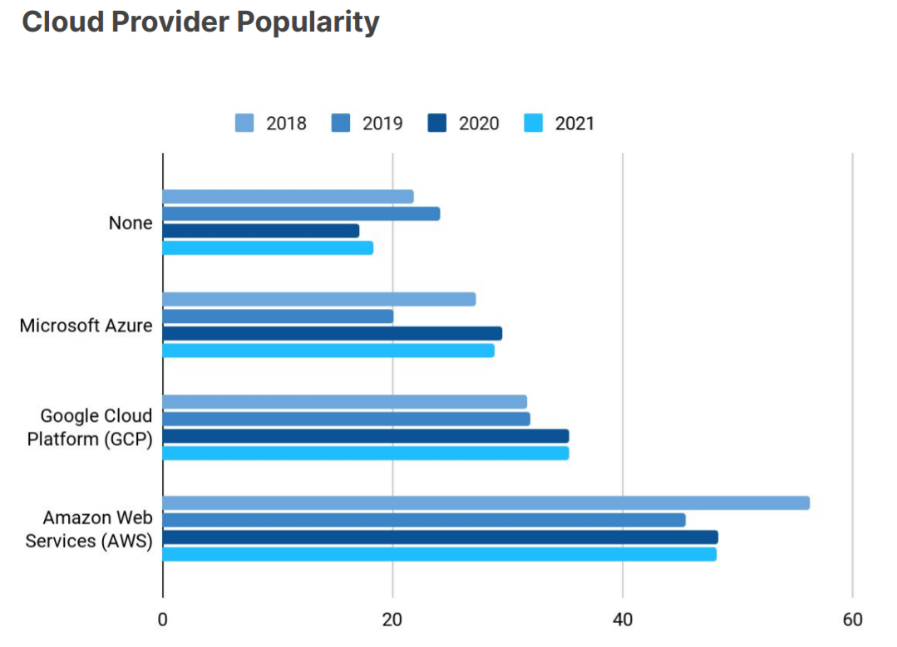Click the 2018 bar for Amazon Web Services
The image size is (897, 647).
click(485, 503)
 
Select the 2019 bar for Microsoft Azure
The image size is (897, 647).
click(278, 316)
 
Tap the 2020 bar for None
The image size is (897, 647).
click(261, 231)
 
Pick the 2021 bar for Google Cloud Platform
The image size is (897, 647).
click(366, 453)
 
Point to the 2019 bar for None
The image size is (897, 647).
click(301, 213)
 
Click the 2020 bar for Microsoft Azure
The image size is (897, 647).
click(332, 333)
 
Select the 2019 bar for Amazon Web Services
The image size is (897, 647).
click(424, 520)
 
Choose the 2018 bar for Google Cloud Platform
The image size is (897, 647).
click(344, 402)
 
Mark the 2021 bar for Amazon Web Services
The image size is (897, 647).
click(439, 554)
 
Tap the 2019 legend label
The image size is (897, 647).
click(382, 124)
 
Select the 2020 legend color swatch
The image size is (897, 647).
click(437, 124)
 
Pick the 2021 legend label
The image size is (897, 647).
click(574, 124)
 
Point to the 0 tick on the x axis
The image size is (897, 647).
click(163, 619)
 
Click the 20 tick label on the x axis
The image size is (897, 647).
click(392, 619)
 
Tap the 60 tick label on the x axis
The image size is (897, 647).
click(852, 619)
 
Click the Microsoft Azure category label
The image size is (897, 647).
click(86, 326)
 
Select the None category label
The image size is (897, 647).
click(131, 223)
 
